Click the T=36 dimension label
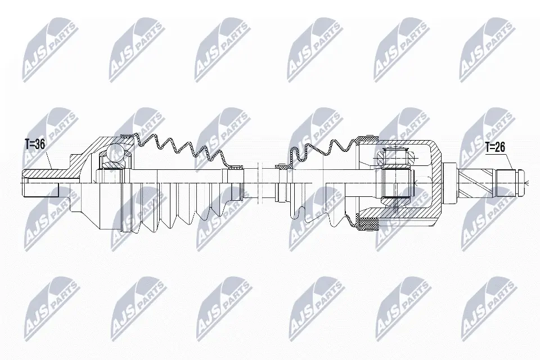pos(35,144)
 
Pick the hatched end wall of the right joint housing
pos(436,180)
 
